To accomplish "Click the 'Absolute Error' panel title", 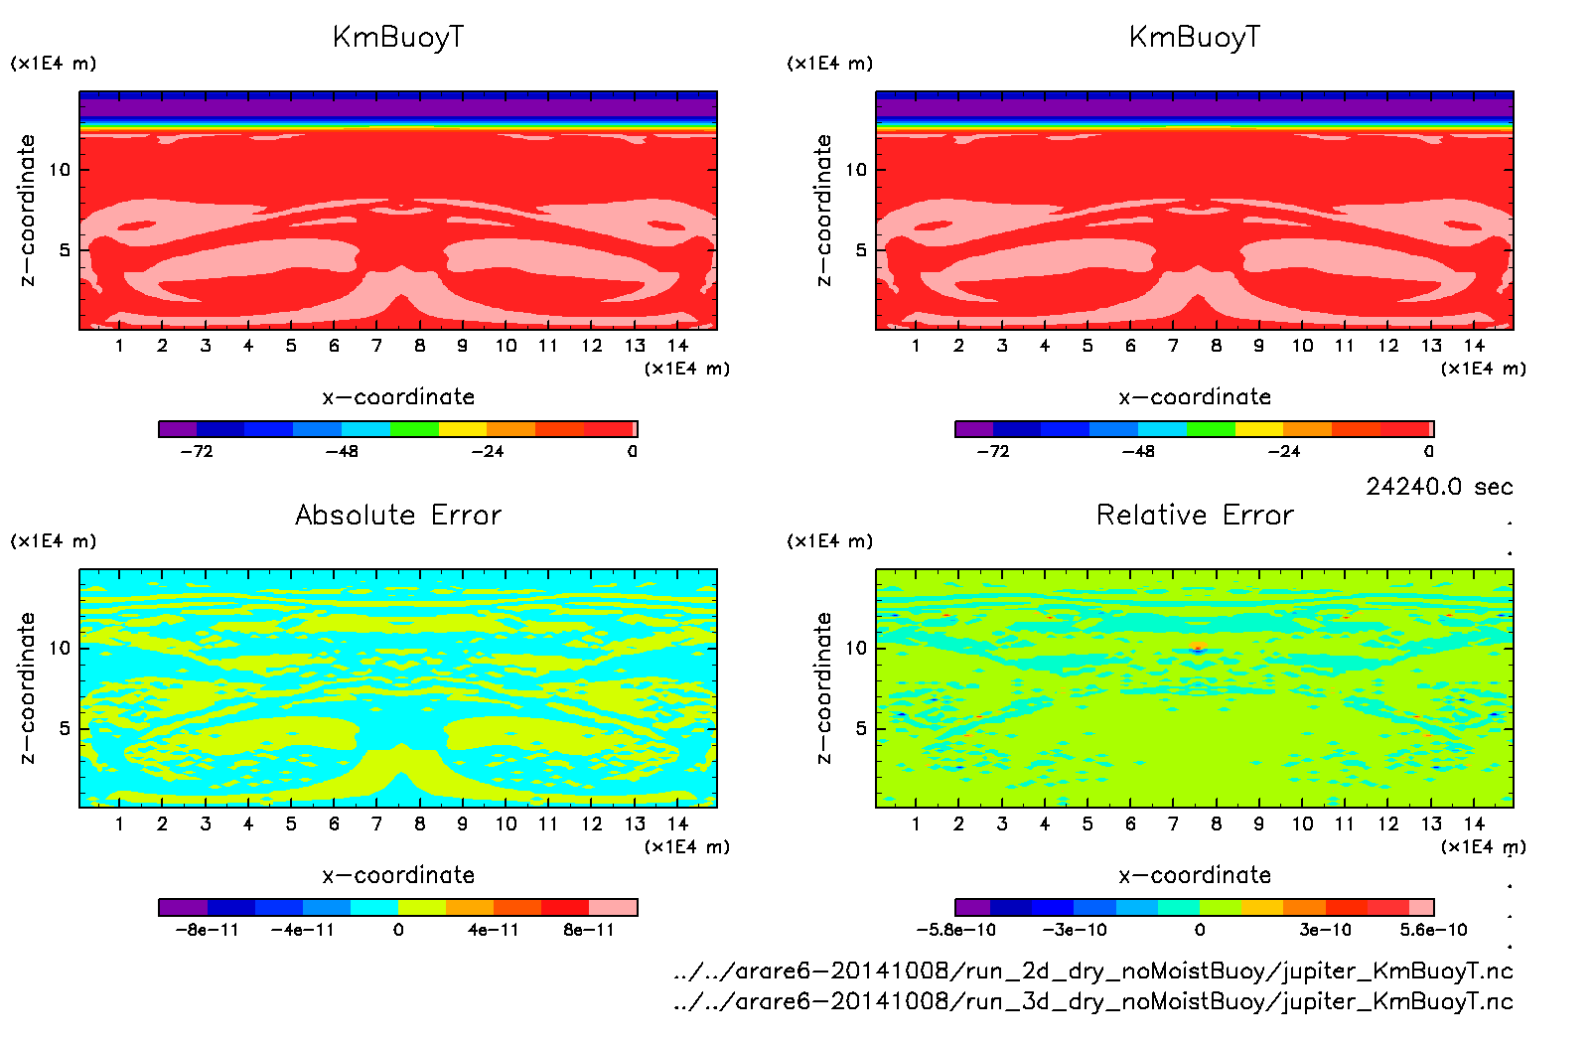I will point(398,515).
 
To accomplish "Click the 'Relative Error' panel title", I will point(1195,515).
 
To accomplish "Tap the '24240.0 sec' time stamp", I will point(1439,487).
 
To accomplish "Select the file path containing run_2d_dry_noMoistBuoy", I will point(1092,971).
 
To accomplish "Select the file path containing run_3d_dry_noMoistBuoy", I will point(1092,1001).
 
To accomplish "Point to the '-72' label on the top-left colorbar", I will point(197,451).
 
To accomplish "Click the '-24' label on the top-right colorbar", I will point(1283,451).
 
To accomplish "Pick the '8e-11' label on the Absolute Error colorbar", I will point(589,930).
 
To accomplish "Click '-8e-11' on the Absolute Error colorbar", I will point(207,930).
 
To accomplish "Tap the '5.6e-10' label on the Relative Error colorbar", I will point(1433,930).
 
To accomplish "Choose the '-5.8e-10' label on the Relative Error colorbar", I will point(955,930).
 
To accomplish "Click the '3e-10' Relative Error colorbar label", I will point(1326,930).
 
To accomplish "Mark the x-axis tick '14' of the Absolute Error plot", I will point(677,823).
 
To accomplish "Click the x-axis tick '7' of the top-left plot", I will point(376,346).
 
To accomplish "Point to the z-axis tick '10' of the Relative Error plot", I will point(856,648).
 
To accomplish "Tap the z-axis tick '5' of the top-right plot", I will point(861,250).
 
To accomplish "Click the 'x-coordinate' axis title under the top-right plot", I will point(1195,396).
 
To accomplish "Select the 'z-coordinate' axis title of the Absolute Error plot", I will point(28,687).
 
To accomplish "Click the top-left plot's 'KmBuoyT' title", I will point(398,38).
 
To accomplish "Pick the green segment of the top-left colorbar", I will point(414,429).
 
